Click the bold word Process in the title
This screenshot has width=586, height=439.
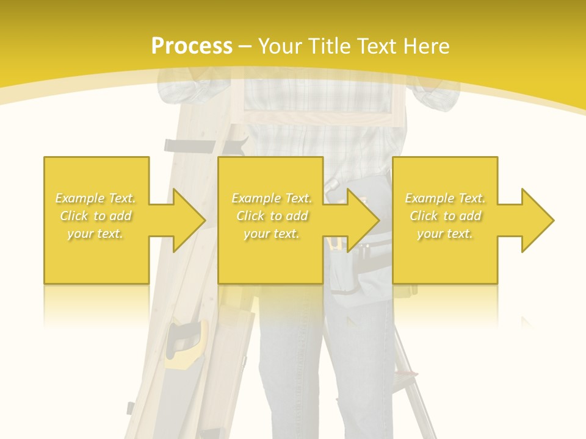click(192, 46)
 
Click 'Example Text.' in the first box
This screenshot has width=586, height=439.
click(96, 198)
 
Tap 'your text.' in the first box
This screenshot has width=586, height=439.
click(96, 234)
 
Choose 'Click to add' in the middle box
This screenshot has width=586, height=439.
click(272, 216)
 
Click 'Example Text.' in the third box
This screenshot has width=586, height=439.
click(445, 198)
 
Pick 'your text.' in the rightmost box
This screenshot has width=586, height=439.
click(445, 234)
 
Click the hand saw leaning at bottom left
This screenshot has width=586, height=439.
click(186, 344)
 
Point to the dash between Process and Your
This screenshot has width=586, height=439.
click(245, 46)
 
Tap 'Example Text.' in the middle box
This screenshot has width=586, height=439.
click(272, 198)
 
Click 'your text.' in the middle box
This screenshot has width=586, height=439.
click(272, 234)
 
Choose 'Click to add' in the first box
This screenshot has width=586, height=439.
click(96, 216)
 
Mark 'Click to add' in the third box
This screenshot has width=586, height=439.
click(445, 216)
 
